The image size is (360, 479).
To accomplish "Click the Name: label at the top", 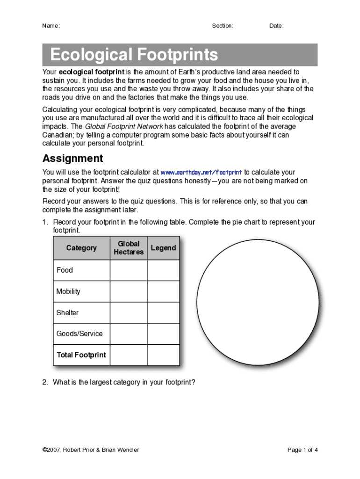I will click(x=51, y=26).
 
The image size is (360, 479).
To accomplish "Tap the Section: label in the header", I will click(x=223, y=26).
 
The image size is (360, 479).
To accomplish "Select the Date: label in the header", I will click(x=276, y=26).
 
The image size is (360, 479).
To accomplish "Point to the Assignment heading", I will click(x=72, y=158).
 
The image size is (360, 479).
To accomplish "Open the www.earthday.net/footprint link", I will click(x=201, y=172).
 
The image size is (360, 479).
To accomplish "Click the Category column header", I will click(x=81, y=248).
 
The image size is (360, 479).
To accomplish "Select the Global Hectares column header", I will click(x=129, y=248).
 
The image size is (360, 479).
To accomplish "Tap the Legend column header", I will click(x=163, y=248).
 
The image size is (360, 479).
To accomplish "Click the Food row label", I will click(x=65, y=270).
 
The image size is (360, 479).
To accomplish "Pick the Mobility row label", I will click(x=68, y=291).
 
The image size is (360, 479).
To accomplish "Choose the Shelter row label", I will click(x=67, y=312).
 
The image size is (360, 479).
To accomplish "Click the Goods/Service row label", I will click(x=79, y=334).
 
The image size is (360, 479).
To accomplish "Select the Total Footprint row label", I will click(x=81, y=355).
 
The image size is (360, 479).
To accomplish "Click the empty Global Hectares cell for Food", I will click(x=129, y=270).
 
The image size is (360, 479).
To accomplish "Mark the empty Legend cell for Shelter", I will click(x=163, y=312).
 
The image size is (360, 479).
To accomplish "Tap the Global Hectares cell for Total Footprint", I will click(x=129, y=355).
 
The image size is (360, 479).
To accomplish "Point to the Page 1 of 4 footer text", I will click(x=302, y=450).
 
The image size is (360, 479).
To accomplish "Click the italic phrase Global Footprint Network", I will click(x=123, y=127).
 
